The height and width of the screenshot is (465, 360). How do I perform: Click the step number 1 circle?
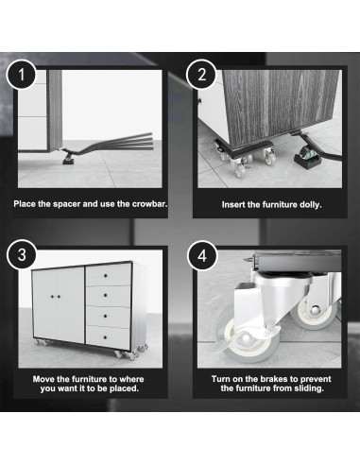coord(21,75)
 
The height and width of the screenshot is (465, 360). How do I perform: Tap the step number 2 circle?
coord(201,75)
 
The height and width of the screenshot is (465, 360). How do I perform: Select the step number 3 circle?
coord(22,255)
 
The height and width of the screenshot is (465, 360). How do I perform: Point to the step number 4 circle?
coord(202,255)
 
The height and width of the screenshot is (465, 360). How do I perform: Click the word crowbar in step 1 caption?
coord(149,204)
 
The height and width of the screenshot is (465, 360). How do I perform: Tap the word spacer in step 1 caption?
coord(66,204)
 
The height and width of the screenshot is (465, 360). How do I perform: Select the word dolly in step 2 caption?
coord(311,205)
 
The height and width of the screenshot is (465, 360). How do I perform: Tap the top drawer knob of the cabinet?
coord(105,276)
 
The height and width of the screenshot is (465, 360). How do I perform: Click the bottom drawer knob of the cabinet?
coord(105,337)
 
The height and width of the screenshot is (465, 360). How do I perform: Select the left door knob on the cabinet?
coord(52,297)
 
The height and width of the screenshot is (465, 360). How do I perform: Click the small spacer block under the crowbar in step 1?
coord(69,162)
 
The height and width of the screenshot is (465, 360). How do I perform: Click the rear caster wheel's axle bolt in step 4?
coord(314,311)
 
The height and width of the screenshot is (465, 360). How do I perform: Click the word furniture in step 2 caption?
coord(280,205)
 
